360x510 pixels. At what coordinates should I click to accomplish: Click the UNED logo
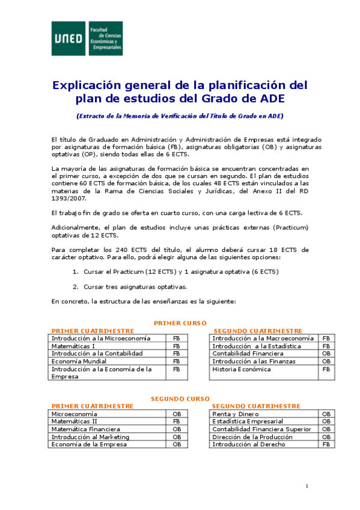(x=87, y=38)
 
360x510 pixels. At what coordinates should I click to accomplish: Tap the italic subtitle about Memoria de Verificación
(x=179, y=115)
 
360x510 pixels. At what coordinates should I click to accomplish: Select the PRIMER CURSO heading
(x=180, y=323)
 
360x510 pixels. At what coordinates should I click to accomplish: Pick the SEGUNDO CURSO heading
(x=180, y=399)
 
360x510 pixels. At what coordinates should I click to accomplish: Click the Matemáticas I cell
(x=73, y=346)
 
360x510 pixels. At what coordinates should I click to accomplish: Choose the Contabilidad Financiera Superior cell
(x=261, y=429)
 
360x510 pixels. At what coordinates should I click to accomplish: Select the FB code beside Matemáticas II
(x=177, y=422)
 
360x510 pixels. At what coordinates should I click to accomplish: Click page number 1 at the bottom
(x=307, y=486)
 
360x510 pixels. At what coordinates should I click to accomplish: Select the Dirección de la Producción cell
(x=252, y=437)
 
